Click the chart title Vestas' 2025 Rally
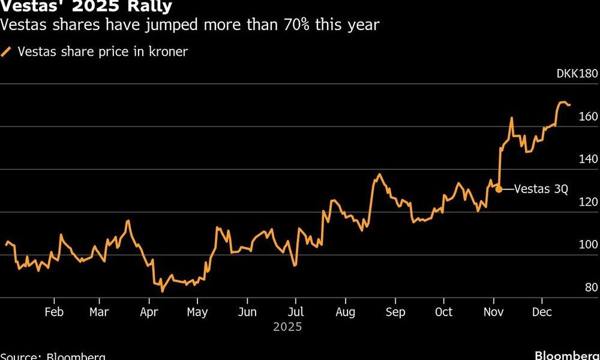[86, 7]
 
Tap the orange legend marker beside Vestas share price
[7, 52]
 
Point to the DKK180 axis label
[577, 74]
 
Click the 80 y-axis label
[591, 287]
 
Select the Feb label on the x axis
[54, 312]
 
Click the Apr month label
[148, 312]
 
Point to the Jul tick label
[295, 312]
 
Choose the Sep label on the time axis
[395, 312]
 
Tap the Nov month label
[493, 312]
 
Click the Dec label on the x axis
[542, 312]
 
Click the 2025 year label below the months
[287, 328]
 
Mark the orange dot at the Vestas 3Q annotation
[499, 190]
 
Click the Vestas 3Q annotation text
[541, 189]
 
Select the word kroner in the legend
[170, 52]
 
